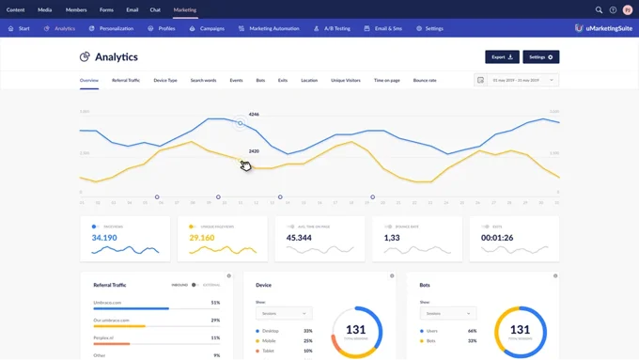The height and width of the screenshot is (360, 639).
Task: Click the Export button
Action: [x=502, y=57]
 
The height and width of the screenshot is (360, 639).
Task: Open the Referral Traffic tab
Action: [x=126, y=81]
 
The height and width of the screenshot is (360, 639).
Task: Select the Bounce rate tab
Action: [x=425, y=81]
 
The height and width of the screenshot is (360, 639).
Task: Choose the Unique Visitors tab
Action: [x=346, y=81]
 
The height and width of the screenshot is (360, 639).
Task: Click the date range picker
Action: [x=516, y=81]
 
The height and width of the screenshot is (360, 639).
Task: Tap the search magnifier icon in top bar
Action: [x=599, y=10]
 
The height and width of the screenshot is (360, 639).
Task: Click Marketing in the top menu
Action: [x=185, y=10]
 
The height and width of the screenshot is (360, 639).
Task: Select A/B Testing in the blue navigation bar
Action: [x=333, y=29]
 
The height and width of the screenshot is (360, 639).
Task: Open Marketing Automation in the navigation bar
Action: [x=269, y=29]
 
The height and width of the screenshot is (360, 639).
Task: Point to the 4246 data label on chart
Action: [x=254, y=115]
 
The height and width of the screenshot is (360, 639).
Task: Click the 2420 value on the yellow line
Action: [x=254, y=151]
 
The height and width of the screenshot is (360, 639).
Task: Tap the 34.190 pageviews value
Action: [x=104, y=238]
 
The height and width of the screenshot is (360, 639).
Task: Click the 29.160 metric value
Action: [x=202, y=238]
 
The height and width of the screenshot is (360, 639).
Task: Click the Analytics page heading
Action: [x=116, y=57]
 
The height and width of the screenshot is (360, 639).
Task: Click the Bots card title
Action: [x=427, y=284]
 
